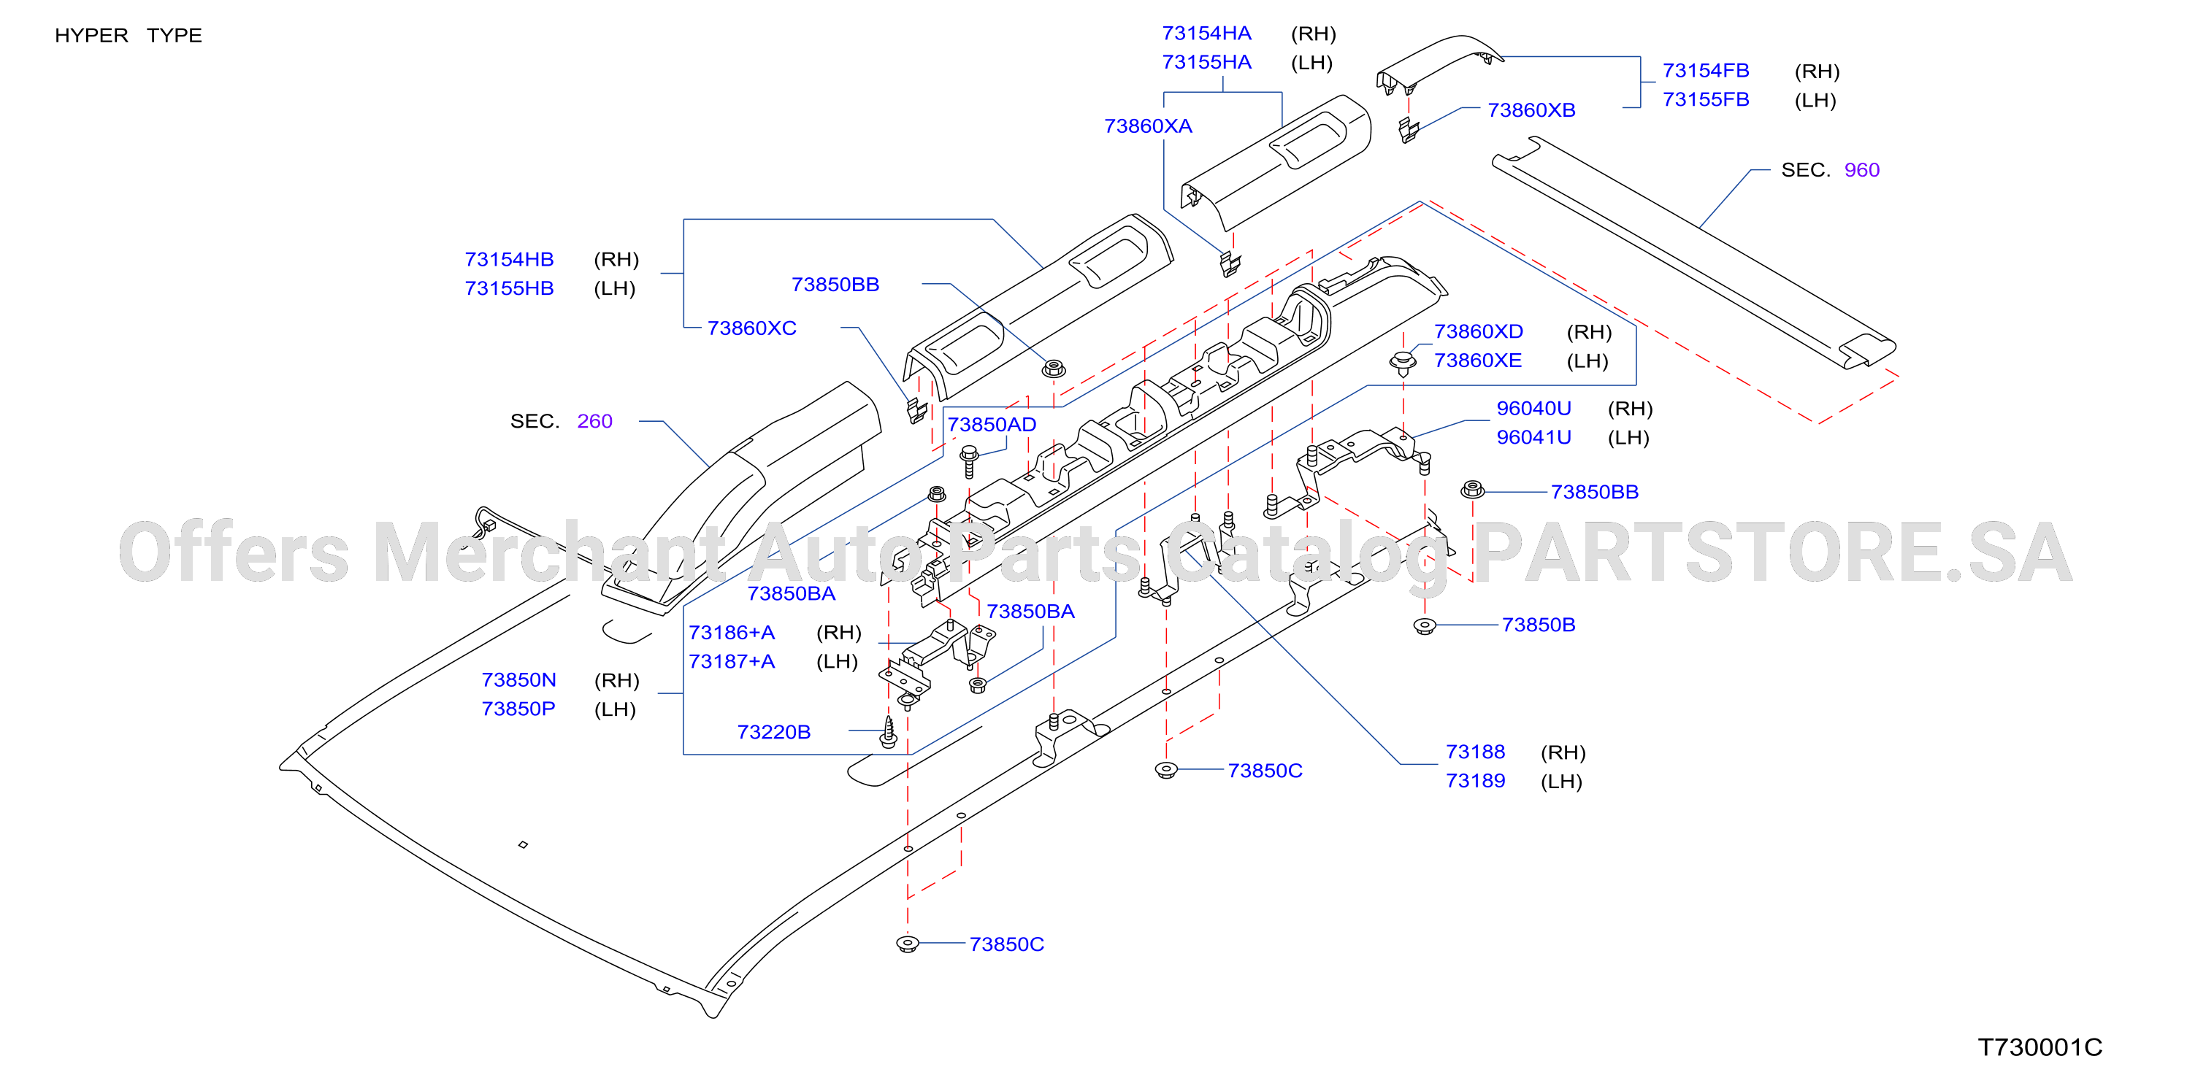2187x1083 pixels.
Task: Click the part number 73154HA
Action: tap(1206, 33)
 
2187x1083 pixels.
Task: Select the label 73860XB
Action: tap(1531, 110)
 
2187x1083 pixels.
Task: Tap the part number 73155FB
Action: tap(1706, 99)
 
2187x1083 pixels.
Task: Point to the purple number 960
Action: tap(1862, 170)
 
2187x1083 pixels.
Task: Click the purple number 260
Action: tap(594, 421)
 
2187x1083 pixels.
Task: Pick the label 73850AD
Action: tap(992, 425)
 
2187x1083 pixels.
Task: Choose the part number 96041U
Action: tap(1533, 437)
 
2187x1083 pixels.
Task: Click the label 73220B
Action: tap(773, 732)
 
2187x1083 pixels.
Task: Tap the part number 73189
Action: tap(1476, 781)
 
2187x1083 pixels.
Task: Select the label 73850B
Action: tap(1539, 625)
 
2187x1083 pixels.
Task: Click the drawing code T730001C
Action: tap(2040, 1047)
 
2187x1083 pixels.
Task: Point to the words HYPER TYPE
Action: tap(129, 36)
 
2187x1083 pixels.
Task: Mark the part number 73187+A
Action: tap(731, 661)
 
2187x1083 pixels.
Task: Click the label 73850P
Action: tap(518, 709)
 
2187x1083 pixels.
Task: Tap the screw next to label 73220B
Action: tap(889, 733)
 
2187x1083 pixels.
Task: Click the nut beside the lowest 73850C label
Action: tap(908, 943)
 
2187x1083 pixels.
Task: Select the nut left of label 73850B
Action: tap(1425, 626)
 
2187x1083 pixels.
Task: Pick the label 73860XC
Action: tap(751, 328)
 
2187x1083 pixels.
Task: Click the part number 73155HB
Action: tap(508, 288)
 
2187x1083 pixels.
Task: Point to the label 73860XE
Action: tap(1477, 361)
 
